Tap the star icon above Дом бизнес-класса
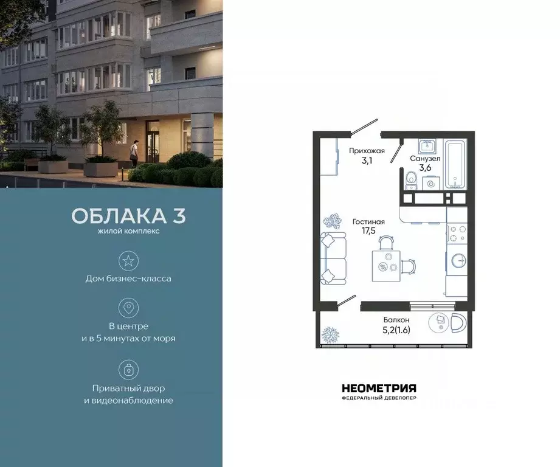point(128,261)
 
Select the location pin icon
point(128,308)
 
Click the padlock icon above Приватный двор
point(128,369)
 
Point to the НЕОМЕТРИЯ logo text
point(379,388)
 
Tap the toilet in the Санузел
point(410,178)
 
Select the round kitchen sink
point(457,261)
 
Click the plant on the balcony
point(331,334)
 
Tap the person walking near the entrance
point(136,151)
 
